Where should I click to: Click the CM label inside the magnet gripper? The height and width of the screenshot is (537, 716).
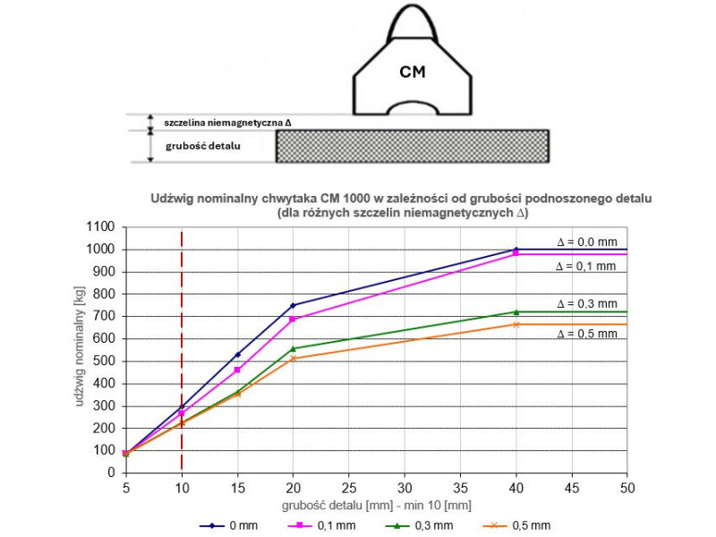pos(413,72)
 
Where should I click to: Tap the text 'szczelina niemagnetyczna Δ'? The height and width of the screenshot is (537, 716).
pos(227,123)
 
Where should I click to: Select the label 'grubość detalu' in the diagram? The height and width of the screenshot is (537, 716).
pos(203,146)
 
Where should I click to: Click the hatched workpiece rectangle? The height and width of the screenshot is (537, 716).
pos(413,146)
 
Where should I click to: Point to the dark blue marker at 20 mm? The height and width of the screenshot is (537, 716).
pos(294,305)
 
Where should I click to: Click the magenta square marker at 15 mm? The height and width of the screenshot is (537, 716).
pos(237,370)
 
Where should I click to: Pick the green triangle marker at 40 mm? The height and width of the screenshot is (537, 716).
pos(516,312)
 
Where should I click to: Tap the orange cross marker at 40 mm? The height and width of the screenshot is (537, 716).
pos(516,325)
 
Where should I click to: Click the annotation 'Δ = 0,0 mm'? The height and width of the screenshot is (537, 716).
pos(587,242)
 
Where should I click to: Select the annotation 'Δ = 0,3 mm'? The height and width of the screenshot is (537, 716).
pos(587,303)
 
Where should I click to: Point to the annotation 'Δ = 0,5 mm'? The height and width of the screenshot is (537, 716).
pos(587,334)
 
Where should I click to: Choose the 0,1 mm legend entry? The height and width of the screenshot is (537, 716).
pos(322,525)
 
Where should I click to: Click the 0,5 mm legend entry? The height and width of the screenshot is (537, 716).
pos(517,525)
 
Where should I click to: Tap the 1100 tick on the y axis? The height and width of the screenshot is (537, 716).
pos(100,227)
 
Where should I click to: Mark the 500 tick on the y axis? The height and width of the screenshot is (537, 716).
pos(104,362)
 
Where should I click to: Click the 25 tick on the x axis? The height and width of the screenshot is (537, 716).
pos(349,488)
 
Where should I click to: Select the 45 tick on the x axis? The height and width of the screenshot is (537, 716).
pos(572,488)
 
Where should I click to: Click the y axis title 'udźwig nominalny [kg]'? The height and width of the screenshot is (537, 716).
pos(79,346)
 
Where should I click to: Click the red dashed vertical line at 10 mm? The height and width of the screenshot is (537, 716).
pos(182,350)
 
